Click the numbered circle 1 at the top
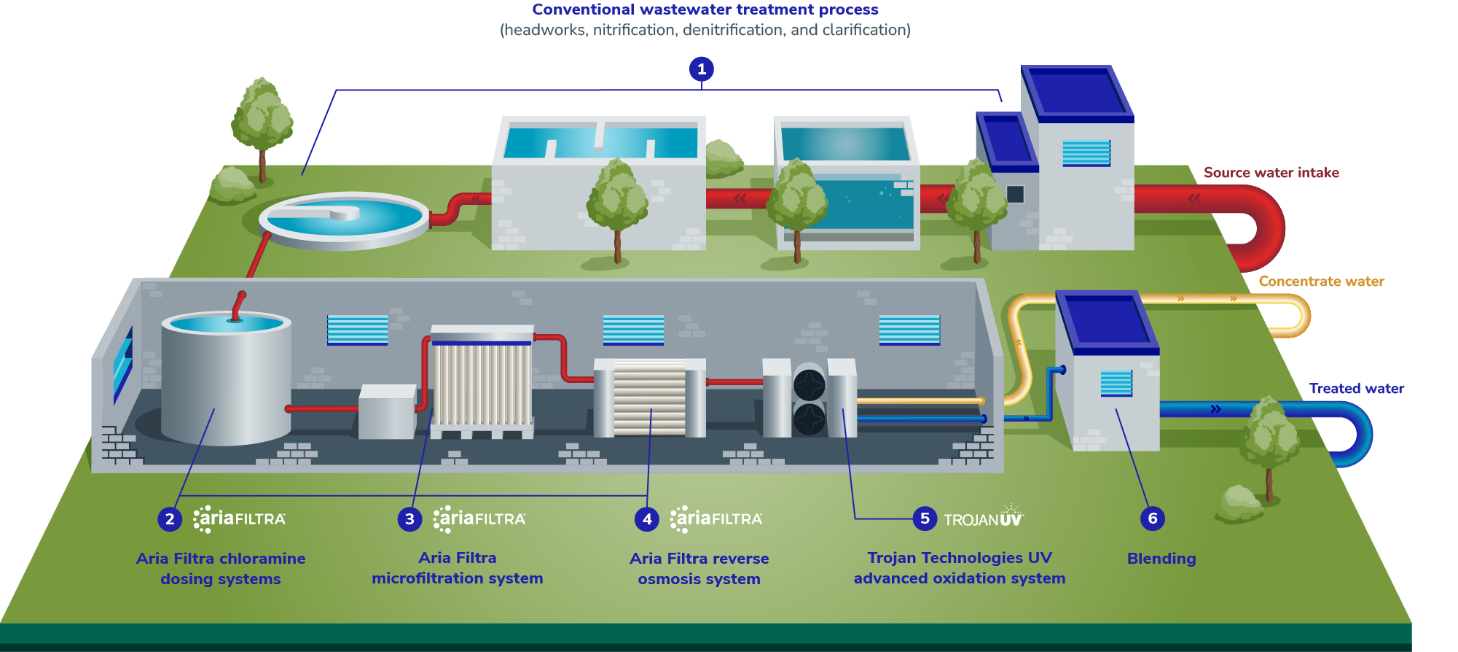pos(701,69)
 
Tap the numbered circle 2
pos(170,519)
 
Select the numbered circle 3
pos(409,519)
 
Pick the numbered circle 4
pos(647,519)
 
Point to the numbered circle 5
pos(925,519)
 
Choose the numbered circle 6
pos(1152,519)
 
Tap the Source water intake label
pos(1271,173)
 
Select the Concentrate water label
pos(1321,282)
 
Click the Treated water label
pos(1356,389)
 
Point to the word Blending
pos(1161,559)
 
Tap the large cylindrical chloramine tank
pos(226,379)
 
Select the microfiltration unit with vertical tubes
pos(482,383)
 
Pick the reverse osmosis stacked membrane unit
pos(649,398)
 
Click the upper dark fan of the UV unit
pos(809,384)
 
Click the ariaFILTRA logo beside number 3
pos(479,519)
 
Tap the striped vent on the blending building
pos(1116,383)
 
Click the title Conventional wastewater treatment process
pos(705,9)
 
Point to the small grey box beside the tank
pos(387,412)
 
